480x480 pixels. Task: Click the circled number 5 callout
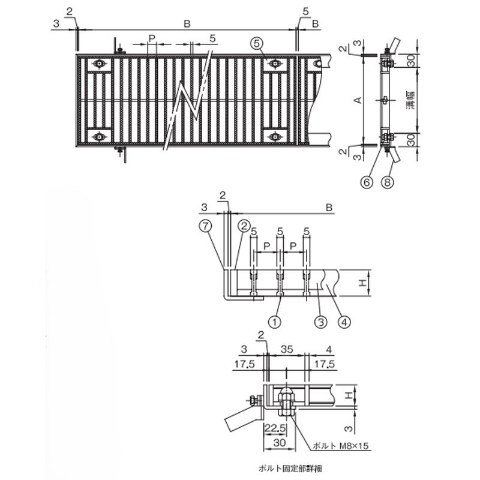pyautogui.click(x=257, y=44)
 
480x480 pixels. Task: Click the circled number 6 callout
pyautogui.click(x=367, y=182)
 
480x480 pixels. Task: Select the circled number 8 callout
pyautogui.click(x=387, y=182)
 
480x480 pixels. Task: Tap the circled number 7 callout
pyautogui.click(x=205, y=226)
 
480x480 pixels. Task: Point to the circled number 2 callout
pyautogui.click(x=244, y=226)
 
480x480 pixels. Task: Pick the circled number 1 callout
pyautogui.click(x=275, y=322)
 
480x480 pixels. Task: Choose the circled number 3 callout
pyautogui.click(x=321, y=322)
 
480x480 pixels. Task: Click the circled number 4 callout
pyautogui.click(x=344, y=322)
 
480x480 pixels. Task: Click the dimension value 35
pyautogui.click(x=287, y=349)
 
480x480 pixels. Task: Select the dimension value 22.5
pyautogui.click(x=275, y=428)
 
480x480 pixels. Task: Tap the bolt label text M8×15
pyautogui.click(x=354, y=446)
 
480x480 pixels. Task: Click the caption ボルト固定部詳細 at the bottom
pyautogui.click(x=290, y=468)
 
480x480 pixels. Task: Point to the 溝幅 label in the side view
pyautogui.click(x=412, y=100)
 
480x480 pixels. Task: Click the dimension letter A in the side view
pyautogui.click(x=358, y=100)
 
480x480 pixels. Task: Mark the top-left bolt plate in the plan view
pyautogui.click(x=99, y=64)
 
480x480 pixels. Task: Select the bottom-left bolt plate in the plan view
pyautogui.click(x=99, y=136)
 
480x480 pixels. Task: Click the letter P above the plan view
pyautogui.click(x=152, y=38)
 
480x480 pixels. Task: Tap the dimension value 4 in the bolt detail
pyautogui.click(x=329, y=349)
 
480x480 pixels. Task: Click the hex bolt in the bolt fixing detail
pyautogui.click(x=286, y=402)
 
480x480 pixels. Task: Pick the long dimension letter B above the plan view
pyautogui.click(x=187, y=23)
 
